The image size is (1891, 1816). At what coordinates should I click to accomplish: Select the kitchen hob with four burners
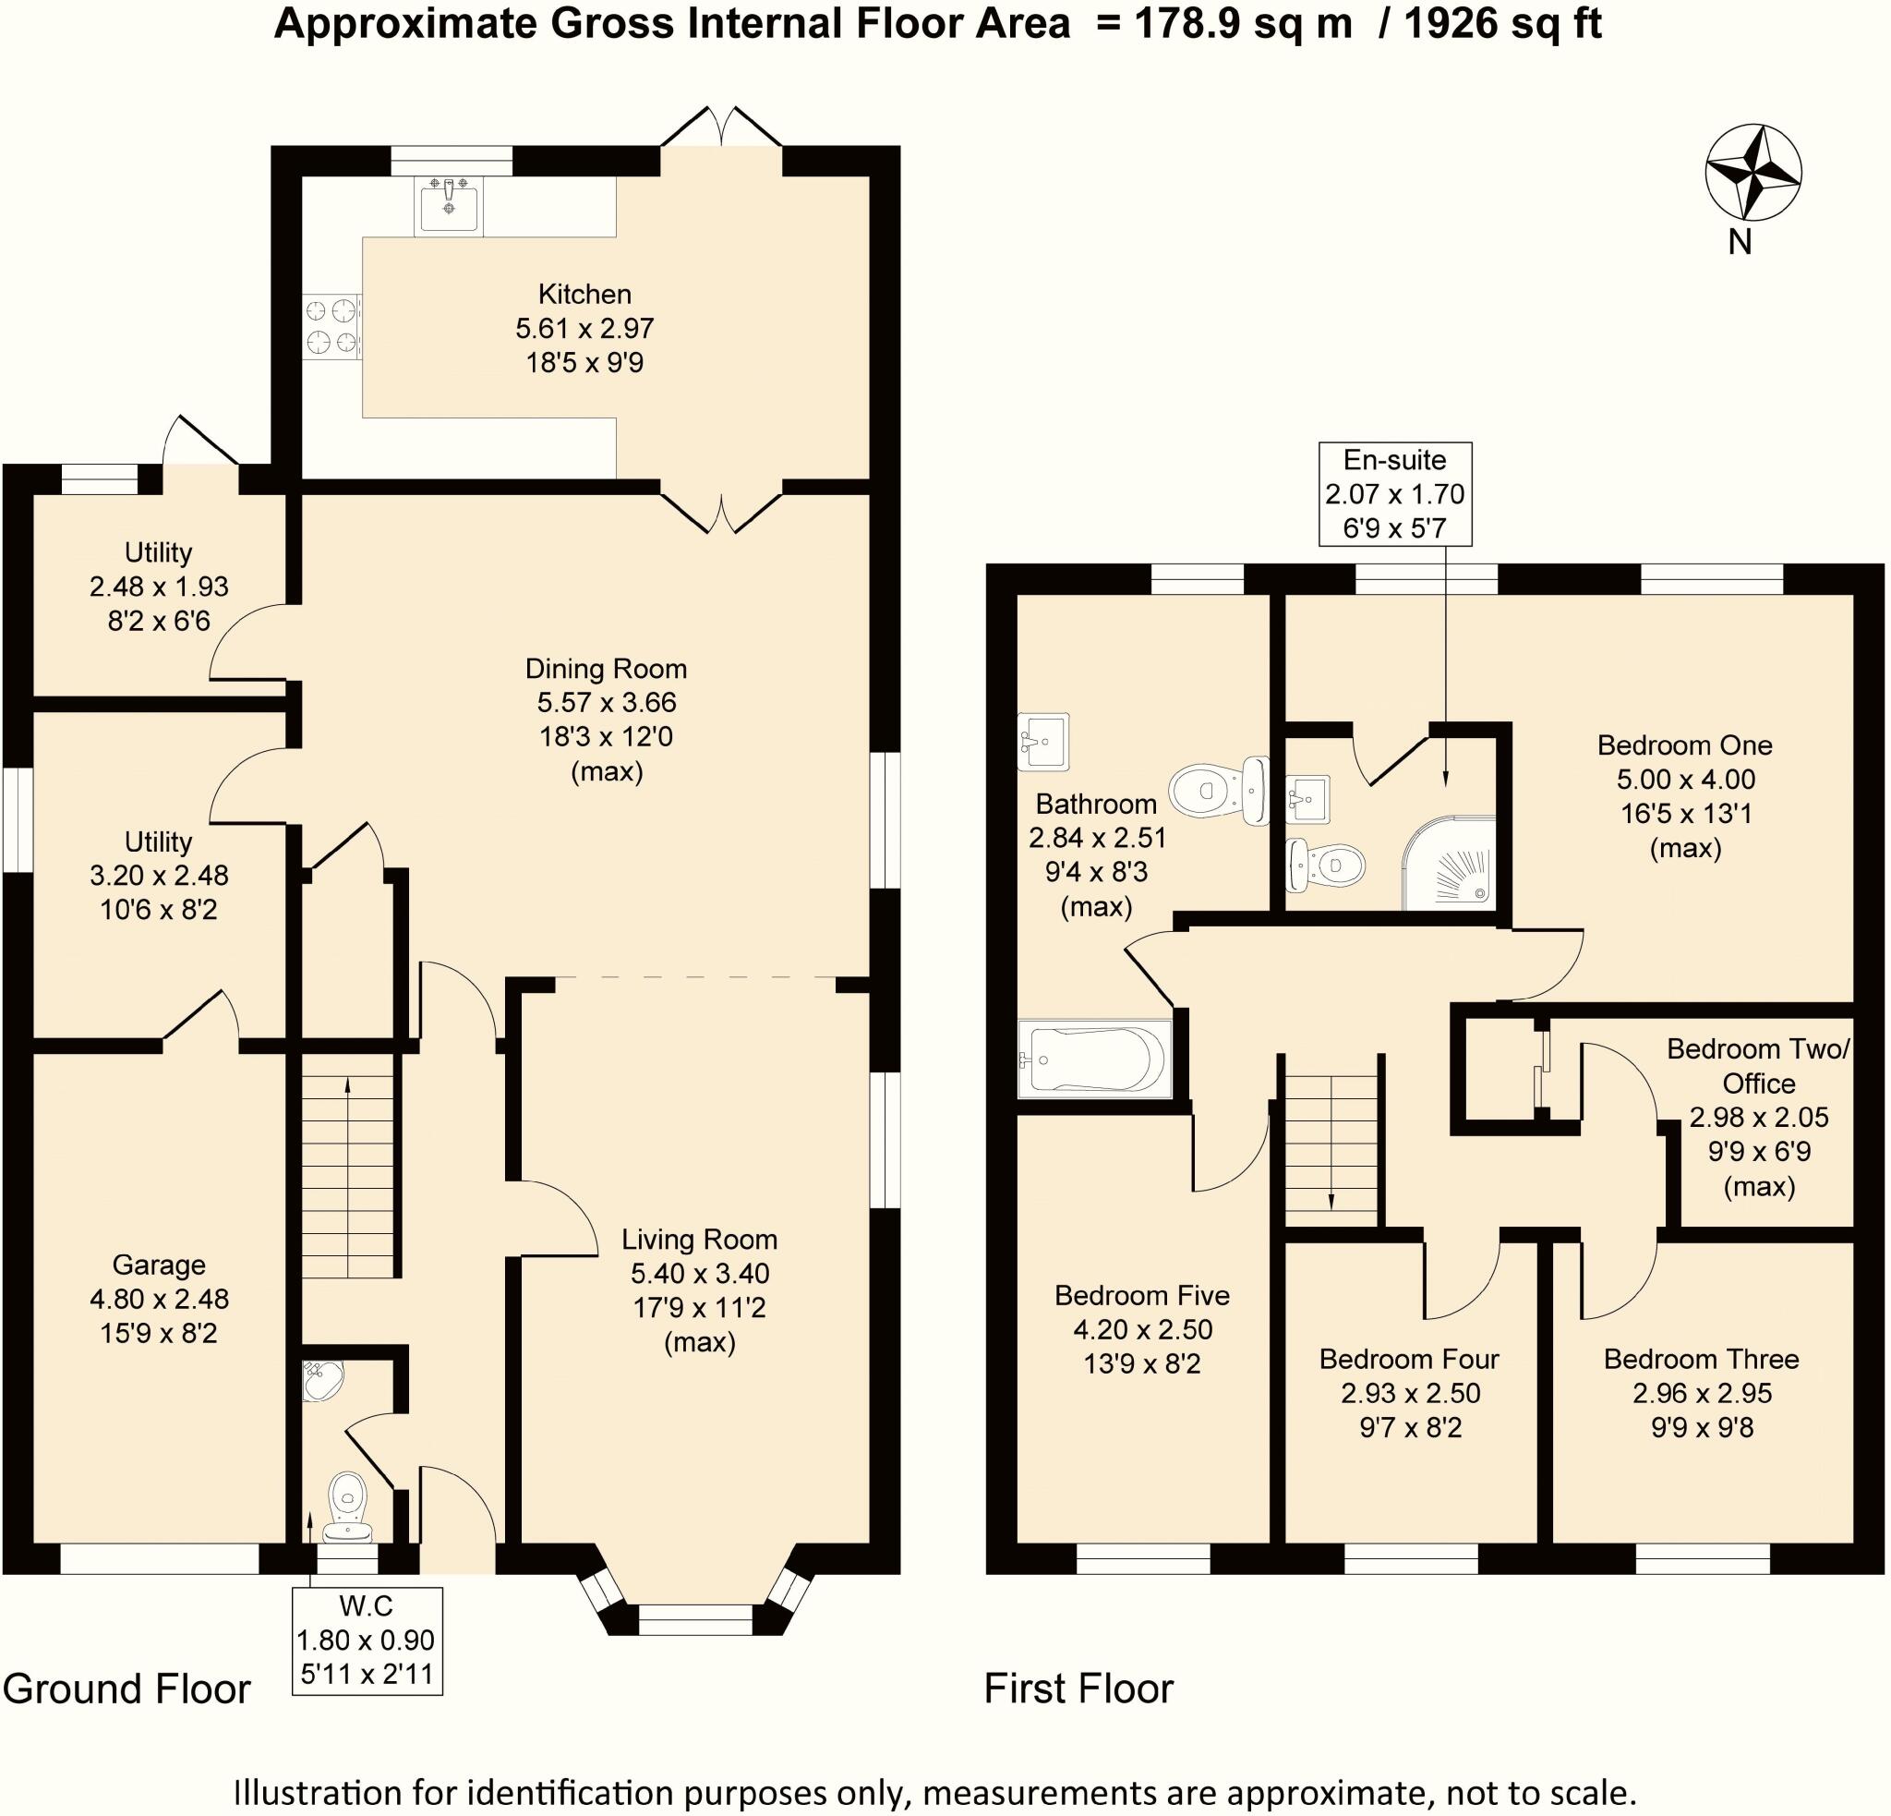pyautogui.click(x=331, y=327)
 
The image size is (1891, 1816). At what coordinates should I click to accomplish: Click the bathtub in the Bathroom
pyautogui.click(x=1096, y=1059)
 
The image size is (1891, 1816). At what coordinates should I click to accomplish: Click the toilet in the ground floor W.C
pyautogui.click(x=347, y=1507)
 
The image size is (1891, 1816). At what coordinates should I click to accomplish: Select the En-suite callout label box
pyautogui.click(x=1395, y=494)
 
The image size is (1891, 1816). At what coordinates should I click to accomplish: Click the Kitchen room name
pyautogui.click(x=584, y=295)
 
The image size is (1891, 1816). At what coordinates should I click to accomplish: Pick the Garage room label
pyautogui.click(x=159, y=1264)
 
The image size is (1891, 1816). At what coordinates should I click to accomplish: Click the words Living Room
pyautogui.click(x=700, y=1239)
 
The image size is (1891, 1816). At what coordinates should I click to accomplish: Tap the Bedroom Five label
pyautogui.click(x=1142, y=1295)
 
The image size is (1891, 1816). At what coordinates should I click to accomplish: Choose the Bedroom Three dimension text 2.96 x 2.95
pyautogui.click(x=1703, y=1392)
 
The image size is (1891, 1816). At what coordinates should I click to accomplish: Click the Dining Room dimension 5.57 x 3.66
pyautogui.click(x=607, y=702)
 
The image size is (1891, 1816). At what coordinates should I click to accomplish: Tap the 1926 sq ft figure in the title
pyautogui.click(x=1502, y=24)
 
